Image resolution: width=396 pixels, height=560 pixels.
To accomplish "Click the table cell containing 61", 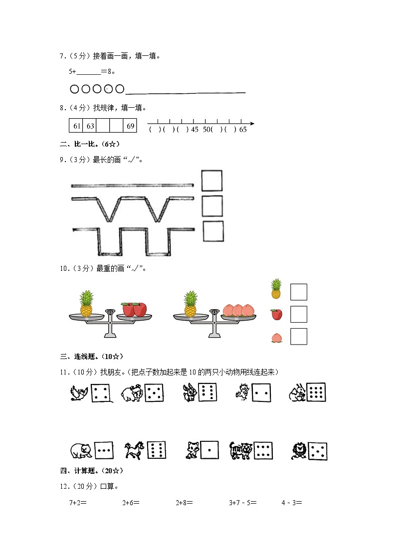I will pos(76,126).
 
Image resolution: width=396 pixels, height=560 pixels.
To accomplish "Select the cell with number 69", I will pos(130,126).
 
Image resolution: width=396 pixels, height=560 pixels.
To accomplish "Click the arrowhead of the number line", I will pos(251,124).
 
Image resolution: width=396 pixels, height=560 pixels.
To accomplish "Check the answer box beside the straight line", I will pos(212,181).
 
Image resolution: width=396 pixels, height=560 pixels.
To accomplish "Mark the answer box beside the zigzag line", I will pos(212,205).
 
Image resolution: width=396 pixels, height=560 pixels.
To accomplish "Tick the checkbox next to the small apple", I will pos(298,314).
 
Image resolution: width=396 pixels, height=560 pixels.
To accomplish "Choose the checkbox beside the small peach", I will pos(298,337).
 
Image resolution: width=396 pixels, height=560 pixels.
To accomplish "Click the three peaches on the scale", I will pos(238,310).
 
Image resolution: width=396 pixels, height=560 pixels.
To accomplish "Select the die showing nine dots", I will pos(316,393).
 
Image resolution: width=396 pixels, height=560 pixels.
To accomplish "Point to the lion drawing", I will pos(299,451).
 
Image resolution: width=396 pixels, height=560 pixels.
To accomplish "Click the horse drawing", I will pos(133,450).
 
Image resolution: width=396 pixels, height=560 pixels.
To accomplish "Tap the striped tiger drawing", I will pos(241,450).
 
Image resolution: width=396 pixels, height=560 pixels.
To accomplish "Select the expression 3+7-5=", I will pos(243,503).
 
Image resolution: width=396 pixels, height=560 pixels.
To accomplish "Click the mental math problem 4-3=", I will pos(292,503).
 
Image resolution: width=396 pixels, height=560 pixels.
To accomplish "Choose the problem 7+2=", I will pos(78,503).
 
